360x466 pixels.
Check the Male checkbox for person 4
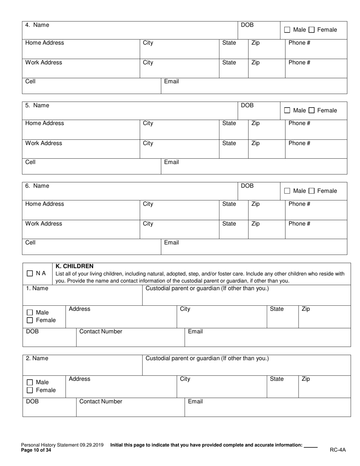tap(287, 30)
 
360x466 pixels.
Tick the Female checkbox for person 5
tap(311, 111)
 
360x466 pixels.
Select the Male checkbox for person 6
tap(287, 191)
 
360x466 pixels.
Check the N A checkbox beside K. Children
tap(30, 274)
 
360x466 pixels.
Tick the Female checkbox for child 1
tap(30, 321)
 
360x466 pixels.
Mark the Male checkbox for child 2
tap(30, 383)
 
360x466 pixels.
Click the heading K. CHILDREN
tap(74, 266)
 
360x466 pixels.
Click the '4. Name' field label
tap(37, 25)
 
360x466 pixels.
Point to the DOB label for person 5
tap(247, 105)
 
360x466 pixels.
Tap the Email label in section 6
tap(171, 242)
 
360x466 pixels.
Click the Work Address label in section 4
tap(44, 63)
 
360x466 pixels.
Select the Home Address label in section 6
tap(45, 204)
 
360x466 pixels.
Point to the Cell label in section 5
tap(30, 162)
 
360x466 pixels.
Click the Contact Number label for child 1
tap(101, 332)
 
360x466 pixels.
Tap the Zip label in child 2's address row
tap(306, 379)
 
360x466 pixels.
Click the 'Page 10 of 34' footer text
tap(36, 450)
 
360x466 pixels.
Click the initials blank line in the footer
tap(311, 446)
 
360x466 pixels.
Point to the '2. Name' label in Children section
tap(37, 358)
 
